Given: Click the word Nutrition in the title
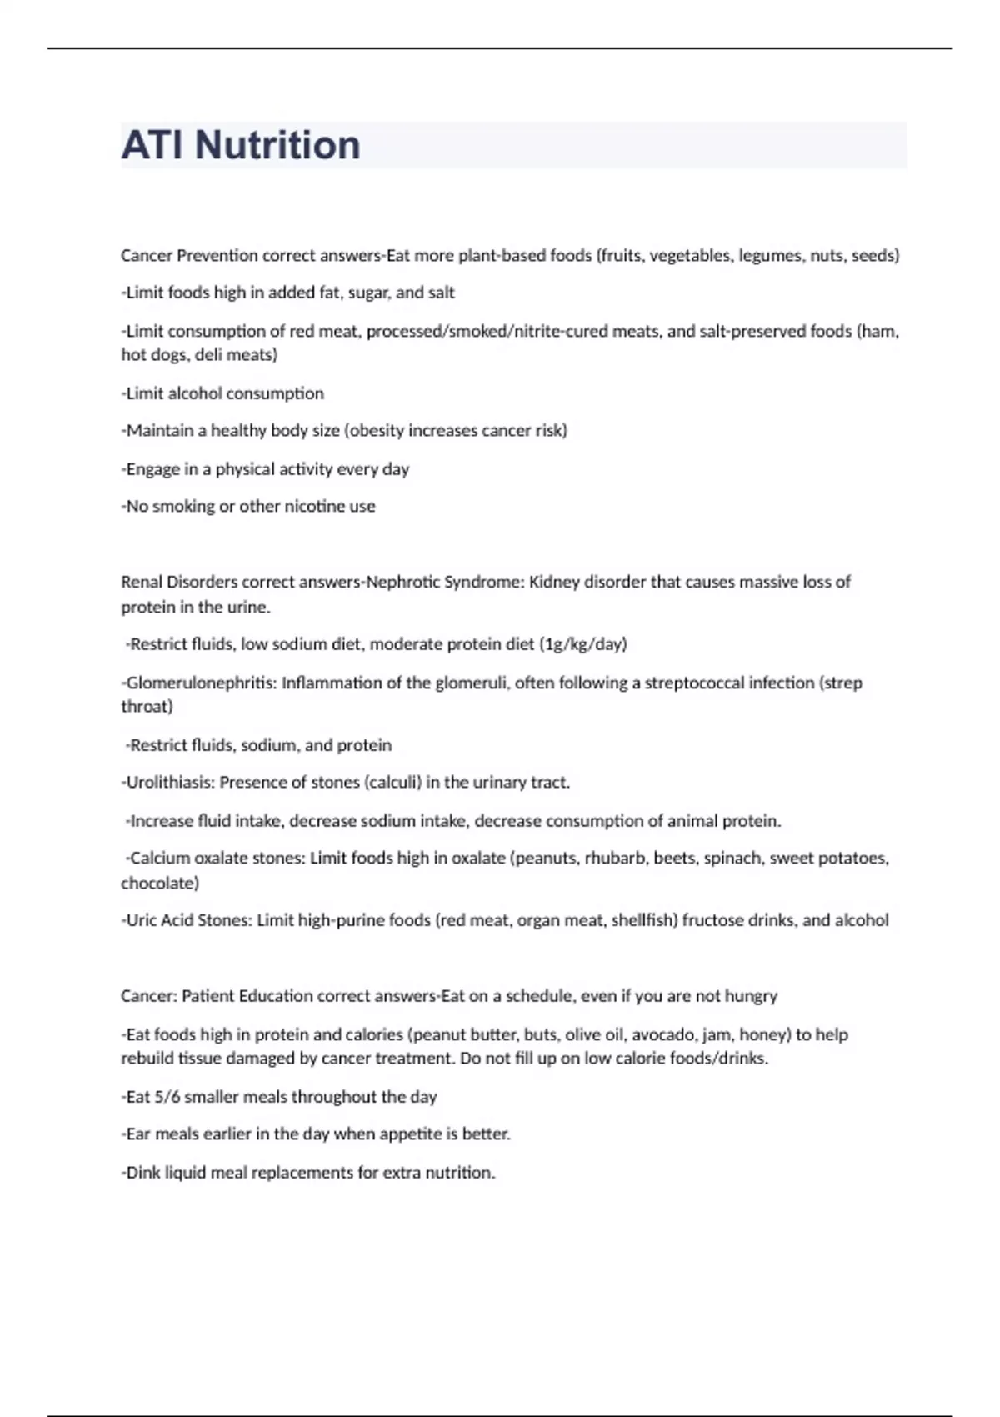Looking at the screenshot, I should [277, 145].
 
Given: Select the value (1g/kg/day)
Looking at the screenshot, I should [582, 643].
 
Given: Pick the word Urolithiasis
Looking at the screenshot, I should [170, 782].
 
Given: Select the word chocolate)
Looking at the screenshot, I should [160, 882].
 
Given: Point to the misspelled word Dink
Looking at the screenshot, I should [142, 1172].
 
